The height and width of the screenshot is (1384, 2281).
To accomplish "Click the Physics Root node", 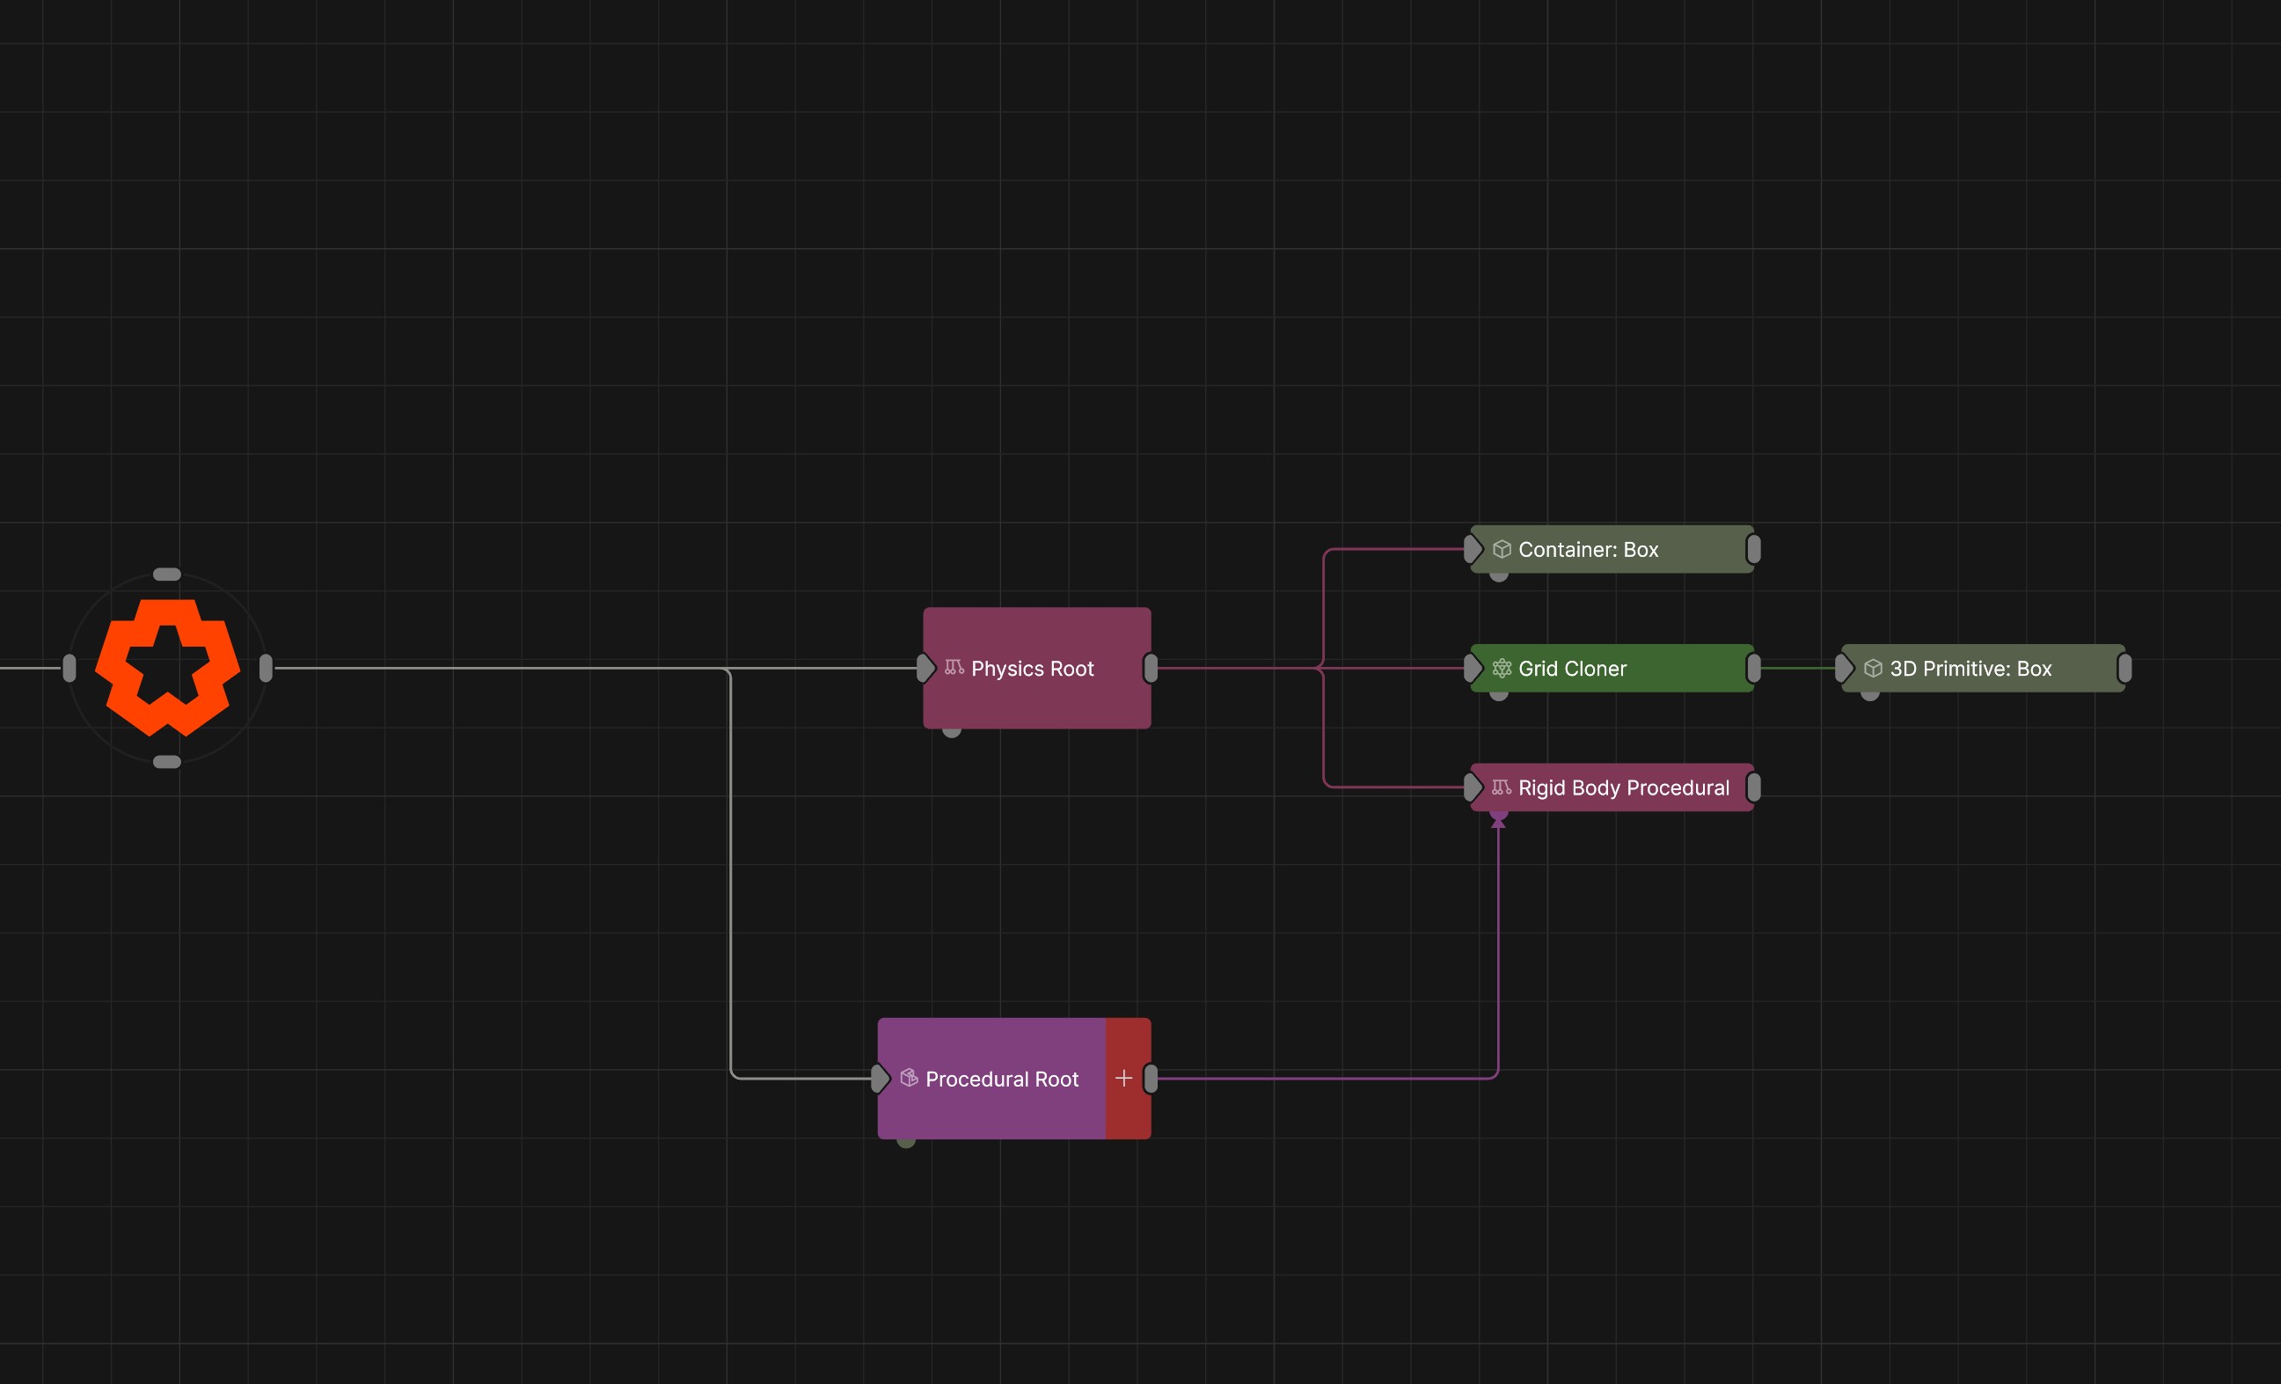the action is coord(1037,668).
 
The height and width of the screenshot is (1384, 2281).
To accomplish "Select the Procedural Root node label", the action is coord(1002,1079).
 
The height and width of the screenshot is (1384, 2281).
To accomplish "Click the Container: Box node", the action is coord(1612,549).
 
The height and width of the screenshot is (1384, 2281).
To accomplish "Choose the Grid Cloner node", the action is coord(1612,668).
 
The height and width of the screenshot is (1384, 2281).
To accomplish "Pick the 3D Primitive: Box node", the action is coord(1983,668).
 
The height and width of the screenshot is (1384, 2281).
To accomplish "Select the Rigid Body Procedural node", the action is coord(1612,787).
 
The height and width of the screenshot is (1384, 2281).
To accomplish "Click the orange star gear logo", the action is coord(167,668).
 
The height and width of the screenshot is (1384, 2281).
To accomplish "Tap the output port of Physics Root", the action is coord(1151,668).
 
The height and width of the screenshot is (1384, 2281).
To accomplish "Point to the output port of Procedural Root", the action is coord(1151,1079).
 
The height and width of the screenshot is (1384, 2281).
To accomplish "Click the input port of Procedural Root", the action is coord(880,1079).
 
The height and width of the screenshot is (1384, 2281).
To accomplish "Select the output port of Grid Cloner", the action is coord(1753,668).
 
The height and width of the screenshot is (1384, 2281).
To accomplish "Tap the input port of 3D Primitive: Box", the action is coord(1844,668).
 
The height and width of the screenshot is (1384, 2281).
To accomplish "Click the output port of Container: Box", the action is coord(1753,549).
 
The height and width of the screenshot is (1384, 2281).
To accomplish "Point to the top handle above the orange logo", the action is coord(166,574).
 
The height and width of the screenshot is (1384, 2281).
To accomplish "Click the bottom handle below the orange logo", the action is coord(166,762).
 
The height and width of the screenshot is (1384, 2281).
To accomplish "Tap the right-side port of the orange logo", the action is coord(266,668).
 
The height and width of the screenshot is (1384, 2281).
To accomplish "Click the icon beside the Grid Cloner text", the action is coord(1502,668).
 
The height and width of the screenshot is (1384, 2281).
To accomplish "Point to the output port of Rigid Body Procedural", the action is coord(1753,787).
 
